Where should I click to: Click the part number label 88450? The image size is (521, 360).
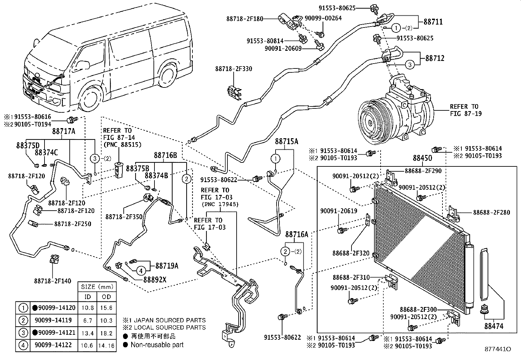pyautogui.click(x=422, y=158)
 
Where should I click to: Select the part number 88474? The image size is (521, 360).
pyautogui.click(x=494, y=326)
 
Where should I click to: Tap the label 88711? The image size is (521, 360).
pyautogui.click(x=433, y=22)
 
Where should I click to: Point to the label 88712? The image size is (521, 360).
pyautogui.click(x=435, y=59)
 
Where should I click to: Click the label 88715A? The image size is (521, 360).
pyautogui.click(x=287, y=142)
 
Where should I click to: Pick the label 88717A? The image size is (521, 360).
pyautogui.click(x=63, y=132)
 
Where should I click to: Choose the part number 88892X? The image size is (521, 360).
pyautogui.click(x=155, y=279)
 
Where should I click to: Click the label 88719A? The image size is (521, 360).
pyautogui.click(x=167, y=266)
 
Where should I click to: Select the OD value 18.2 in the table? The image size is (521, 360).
pyautogui.click(x=107, y=333)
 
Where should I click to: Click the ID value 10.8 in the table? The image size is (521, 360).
pyautogui.click(x=88, y=308)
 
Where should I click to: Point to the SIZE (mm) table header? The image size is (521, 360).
pyautogui.click(x=97, y=287)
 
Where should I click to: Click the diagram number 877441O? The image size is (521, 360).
pyautogui.click(x=497, y=349)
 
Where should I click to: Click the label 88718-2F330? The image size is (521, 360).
pyautogui.click(x=234, y=69)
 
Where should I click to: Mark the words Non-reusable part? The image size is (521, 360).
pyautogui.click(x=157, y=345)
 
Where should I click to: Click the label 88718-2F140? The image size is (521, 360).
pyautogui.click(x=52, y=281)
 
